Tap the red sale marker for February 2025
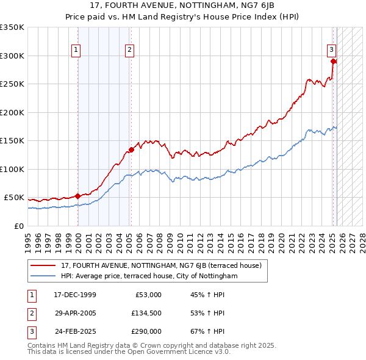(333, 61)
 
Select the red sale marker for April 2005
(131, 149)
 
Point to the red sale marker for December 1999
(77, 196)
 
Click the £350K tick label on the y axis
(12, 27)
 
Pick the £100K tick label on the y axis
(12, 169)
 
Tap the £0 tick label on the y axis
(19, 226)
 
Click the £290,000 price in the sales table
(146, 332)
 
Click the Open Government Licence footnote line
(129, 352)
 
